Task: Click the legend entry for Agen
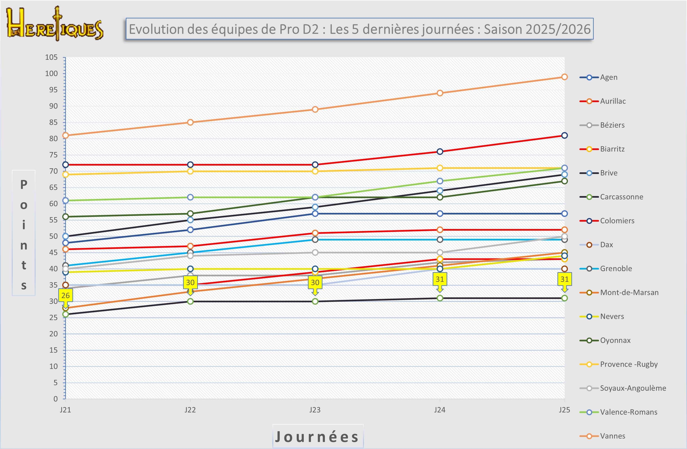pos(608,77)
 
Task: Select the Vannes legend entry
pos(612,436)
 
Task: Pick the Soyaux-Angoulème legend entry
pos(633,388)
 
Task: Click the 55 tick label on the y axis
pos(53,220)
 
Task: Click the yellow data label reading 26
pos(65,295)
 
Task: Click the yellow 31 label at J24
pos(440,279)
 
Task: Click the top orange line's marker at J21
pos(65,135)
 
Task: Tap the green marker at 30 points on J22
pos(190,301)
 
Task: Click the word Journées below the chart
pos(317,437)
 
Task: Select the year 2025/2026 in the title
pos(537,29)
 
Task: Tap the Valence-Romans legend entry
pos(628,412)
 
